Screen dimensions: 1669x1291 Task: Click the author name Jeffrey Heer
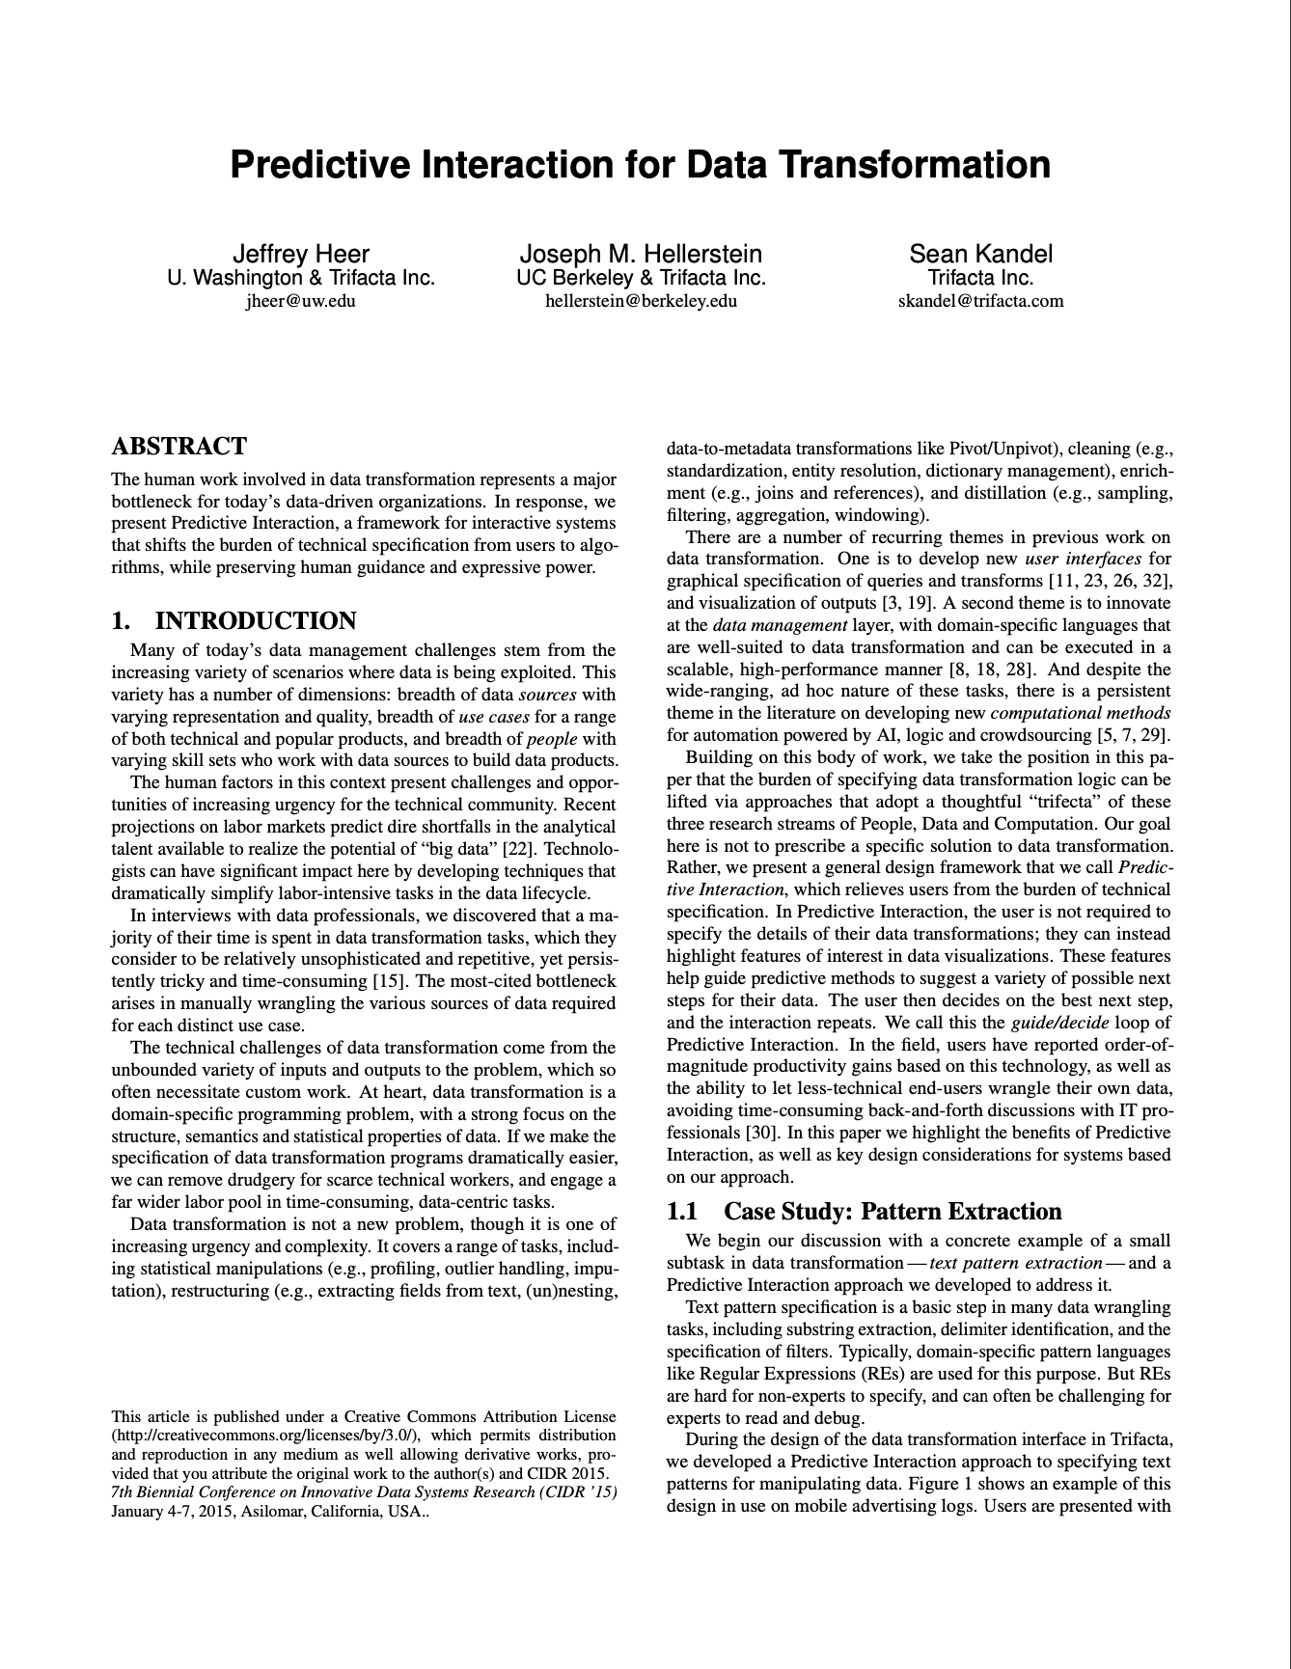(x=301, y=254)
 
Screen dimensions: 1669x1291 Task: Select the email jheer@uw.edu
(x=301, y=300)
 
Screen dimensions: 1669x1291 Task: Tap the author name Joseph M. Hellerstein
(x=641, y=254)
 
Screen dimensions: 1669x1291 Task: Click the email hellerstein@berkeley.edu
(x=641, y=300)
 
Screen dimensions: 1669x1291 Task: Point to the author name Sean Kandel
(x=980, y=254)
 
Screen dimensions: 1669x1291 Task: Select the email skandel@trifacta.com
(x=980, y=300)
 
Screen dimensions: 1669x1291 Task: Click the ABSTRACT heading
(x=179, y=447)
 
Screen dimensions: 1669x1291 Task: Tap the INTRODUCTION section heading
(x=256, y=620)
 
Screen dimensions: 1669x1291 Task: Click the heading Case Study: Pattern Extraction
(x=893, y=1212)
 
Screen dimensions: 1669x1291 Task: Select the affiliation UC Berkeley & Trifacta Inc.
(x=641, y=278)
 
